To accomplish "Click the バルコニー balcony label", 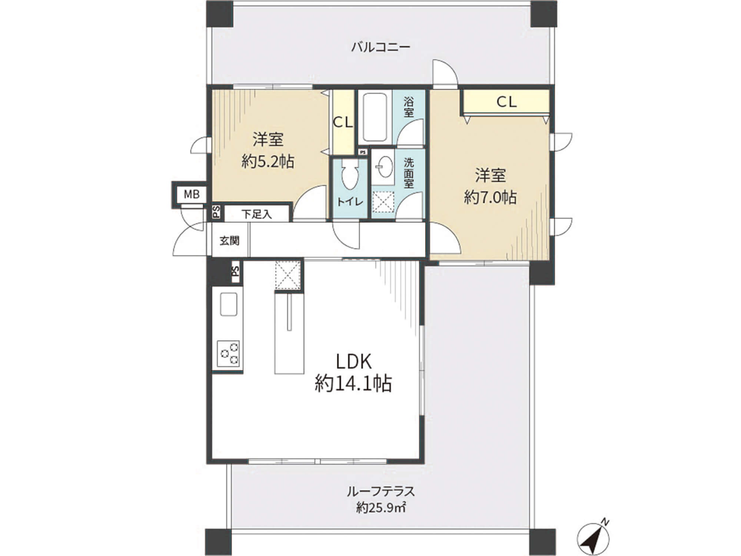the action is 381,47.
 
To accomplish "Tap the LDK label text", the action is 354,361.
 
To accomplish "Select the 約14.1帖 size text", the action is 353,384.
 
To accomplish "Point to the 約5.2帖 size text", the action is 268,162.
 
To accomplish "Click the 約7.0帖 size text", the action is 490,197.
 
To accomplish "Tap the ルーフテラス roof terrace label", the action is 381,492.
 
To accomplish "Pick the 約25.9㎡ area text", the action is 381,507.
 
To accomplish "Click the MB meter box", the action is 192,194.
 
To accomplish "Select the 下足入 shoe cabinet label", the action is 257,214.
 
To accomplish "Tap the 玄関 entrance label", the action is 230,241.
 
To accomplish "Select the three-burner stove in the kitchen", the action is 228,354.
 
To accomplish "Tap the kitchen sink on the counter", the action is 229,304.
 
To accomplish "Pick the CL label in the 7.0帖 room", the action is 506,102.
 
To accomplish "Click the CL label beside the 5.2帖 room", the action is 343,122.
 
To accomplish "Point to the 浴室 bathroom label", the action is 409,107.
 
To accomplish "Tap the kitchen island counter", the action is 289,333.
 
